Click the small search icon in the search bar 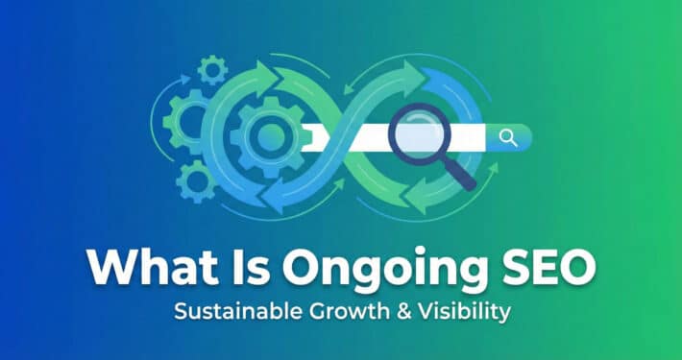[x=508, y=138]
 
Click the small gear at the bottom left [x=196, y=180]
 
